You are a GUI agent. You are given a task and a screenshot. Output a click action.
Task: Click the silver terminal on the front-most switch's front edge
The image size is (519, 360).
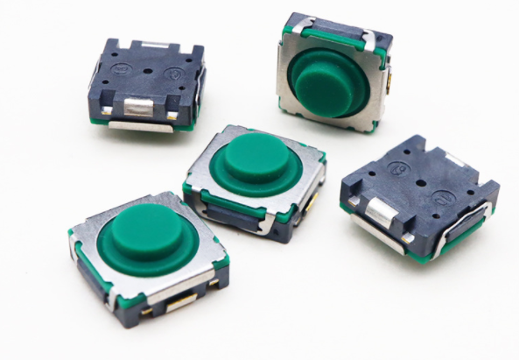[x=181, y=301]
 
